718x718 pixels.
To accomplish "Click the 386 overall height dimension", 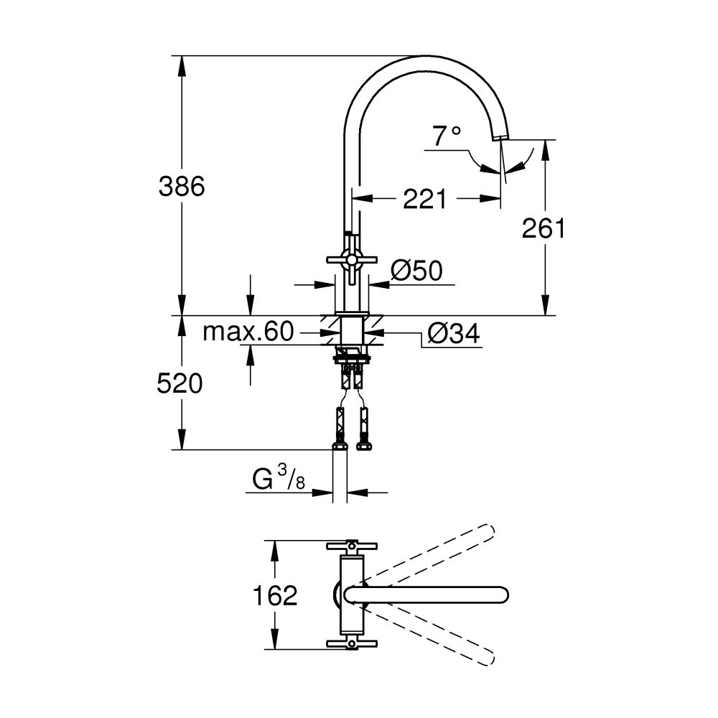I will coord(182,186).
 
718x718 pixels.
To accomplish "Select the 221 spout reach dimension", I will coord(424,199).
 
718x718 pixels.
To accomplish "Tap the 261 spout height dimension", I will coord(544,228).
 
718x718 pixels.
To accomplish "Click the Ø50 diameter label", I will coord(416,271).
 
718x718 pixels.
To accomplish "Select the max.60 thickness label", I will coord(248,332).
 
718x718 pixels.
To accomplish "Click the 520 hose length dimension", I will coord(179,383).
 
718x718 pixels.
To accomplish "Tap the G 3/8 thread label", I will coord(279,478).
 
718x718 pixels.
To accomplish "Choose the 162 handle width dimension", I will coord(276,595).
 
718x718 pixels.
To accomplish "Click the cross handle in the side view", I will coord(350,260).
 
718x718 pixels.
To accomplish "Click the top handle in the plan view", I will coord(352,546).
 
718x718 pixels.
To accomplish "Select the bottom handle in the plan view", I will coord(352,643).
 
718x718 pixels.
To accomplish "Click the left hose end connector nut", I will coord(340,446).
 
